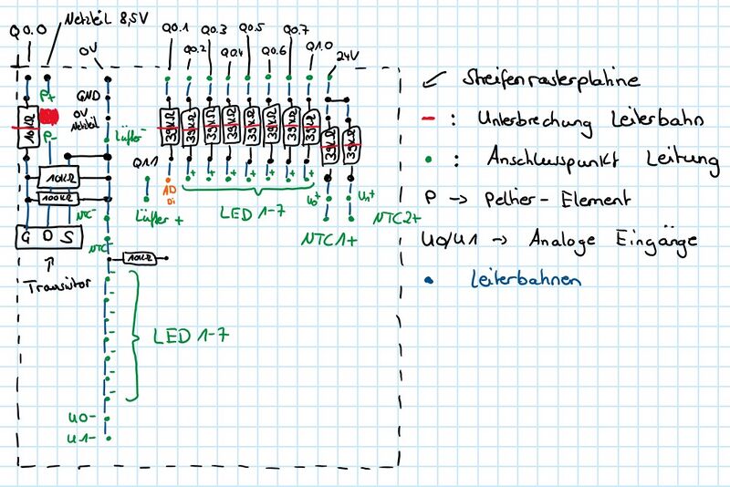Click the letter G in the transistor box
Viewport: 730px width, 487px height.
click(26, 236)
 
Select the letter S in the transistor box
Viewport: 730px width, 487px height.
click(69, 236)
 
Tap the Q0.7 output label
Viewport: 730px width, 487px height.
click(297, 29)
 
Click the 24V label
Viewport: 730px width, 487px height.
click(347, 56)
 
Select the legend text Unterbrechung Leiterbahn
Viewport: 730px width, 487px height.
click(584, 120)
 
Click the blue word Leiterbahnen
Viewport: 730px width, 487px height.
click(526, 280)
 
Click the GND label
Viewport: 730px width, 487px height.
click(88, 94)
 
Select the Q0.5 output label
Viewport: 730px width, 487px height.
click(254, 29)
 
